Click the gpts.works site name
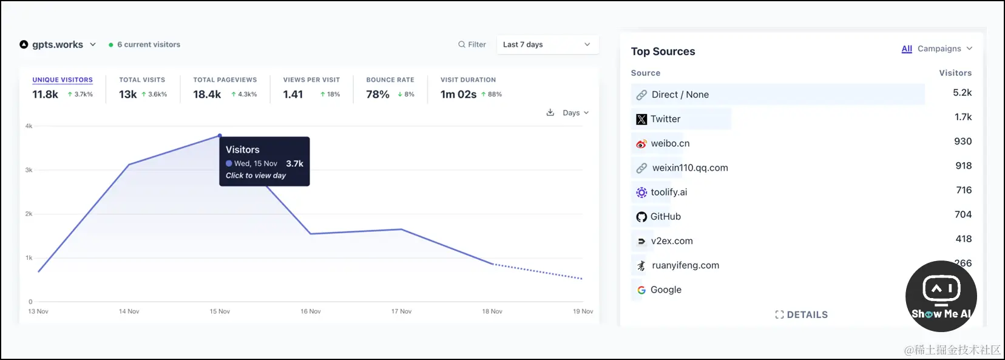[x=57, y=44]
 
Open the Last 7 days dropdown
[x=547, y=44]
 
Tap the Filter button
[x=472, y=44]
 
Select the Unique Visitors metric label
[x=63, y=80]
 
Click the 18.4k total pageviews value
[x=207, y=94]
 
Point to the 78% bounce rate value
[x=377, y=94]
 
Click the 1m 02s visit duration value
[x=458, y=94]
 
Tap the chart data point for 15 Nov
[x=220, y=135]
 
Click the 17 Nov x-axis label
[x=401, y=311]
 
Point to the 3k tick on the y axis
[x=29, y=170]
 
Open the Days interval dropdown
[x=575, y=113]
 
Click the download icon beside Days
[x=550, y=112]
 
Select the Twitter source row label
[x=665, y=119]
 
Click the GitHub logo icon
[x=641, y=217]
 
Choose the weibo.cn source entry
[x=670, y=143]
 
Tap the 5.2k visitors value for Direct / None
[x=962, y=93]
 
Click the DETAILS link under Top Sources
[x=801, y=314]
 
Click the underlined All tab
[x=907, y=49]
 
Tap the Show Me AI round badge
[x=941, y=296]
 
